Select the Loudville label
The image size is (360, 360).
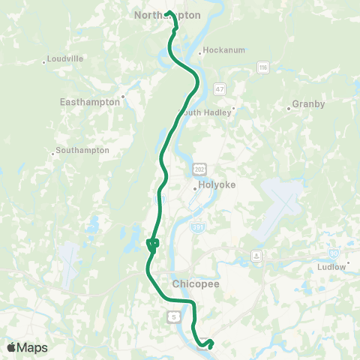point(64,58)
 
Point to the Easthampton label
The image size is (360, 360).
point(90,101)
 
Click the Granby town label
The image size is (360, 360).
point(308,104)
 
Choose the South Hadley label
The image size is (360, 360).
point(209,112)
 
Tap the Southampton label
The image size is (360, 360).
point(82,150)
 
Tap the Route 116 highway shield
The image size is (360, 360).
point(262,68)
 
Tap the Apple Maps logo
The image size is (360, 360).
point(26,347)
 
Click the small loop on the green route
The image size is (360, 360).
point(152,243)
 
